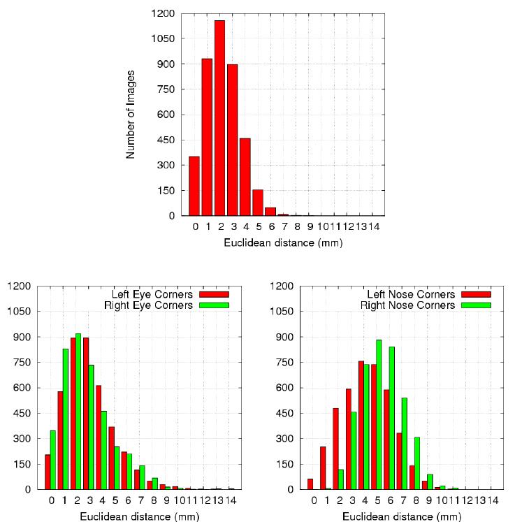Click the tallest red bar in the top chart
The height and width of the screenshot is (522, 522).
click(219, 118)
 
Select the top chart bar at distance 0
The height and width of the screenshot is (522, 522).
click(194, 186)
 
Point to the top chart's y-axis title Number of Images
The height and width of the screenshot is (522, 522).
click(131, 114)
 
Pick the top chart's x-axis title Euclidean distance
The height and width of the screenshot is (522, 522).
click(283, 243)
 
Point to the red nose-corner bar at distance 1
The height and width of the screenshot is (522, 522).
click(323, 468)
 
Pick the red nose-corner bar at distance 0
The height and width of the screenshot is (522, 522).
click(310, 484)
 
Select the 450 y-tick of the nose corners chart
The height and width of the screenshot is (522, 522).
click(283, 413)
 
